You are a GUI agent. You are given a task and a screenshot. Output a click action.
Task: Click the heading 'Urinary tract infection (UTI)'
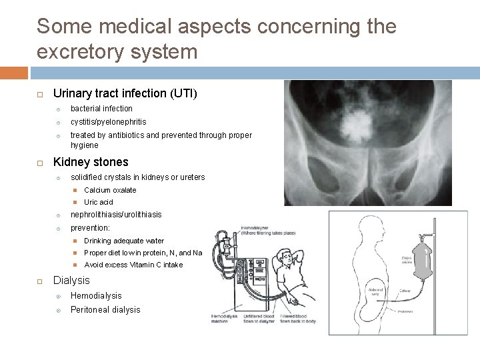pyautogui.click(x=125, y=93)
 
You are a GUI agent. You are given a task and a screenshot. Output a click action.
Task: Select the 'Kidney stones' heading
pyautogui.click(x=91, y=162)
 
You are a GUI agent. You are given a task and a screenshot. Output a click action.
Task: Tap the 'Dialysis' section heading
pyautogui.click(x=71, y=281)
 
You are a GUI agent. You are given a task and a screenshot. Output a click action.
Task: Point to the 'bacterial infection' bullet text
pyautogui.click(x=101, y=109)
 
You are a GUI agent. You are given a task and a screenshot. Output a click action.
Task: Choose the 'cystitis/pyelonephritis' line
pyautogui.click(x=108, y=122)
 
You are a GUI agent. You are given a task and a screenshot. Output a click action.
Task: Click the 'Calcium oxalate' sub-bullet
pyautogui.click(x=110, y=190)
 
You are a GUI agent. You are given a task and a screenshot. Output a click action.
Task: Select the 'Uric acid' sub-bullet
pyautogui.click(x=99, y=202)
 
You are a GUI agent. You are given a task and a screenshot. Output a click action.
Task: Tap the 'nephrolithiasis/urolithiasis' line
pyautogui.click(x=116, y=215)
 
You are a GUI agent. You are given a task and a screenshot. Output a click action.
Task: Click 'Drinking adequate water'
pyautogui.click(x=124, y=241)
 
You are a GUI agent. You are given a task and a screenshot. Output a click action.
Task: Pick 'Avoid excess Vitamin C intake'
pyautogui.click(x=133, y=265)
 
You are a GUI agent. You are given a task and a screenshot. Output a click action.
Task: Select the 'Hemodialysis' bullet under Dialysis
pyautogui.click(x=96, y=296)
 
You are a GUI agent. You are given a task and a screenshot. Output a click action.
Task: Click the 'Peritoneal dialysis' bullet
pyautogui.click(x=105, y=310)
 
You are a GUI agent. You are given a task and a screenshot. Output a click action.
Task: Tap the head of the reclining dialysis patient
pyautogui.click(x=287, y=257)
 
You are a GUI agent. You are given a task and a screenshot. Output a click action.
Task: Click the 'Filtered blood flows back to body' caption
pyautogui.click(x=297, y=317)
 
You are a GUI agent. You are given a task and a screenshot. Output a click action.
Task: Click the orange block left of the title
pyautogui.click(x=14, y=73)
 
